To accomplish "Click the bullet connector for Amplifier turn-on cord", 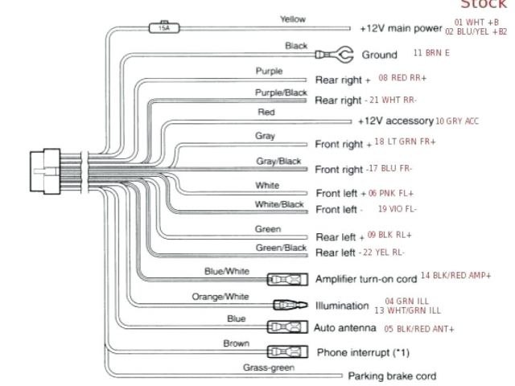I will click(286, 280).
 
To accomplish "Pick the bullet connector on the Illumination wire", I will click(287, 306).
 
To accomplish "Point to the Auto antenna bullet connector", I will click(286, 327).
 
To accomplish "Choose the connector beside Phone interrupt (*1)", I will click(286, 352).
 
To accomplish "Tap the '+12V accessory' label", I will click(395, 121).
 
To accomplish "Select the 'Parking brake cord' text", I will click(391, 376).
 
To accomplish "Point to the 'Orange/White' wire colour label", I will click(220, 296).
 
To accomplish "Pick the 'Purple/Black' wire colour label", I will click(276, 93).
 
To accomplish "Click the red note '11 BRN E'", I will click(431, 53).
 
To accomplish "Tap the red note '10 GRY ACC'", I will click(457, 121).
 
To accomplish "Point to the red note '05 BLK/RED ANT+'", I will click(418, 329).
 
